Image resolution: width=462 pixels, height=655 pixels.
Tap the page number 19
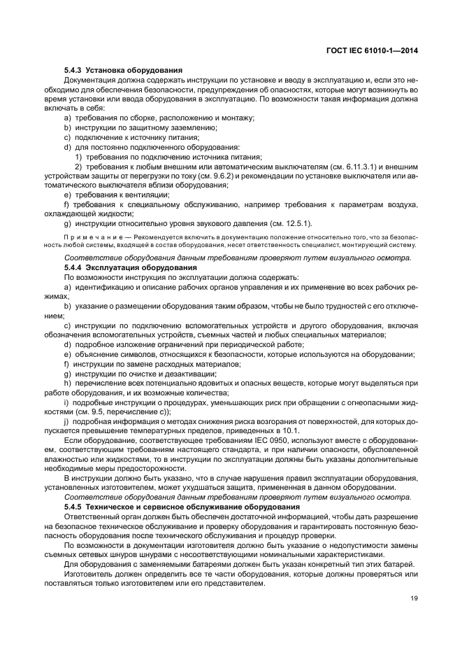click(414, 597)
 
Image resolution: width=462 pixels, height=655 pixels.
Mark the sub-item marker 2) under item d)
click(79, 167)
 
